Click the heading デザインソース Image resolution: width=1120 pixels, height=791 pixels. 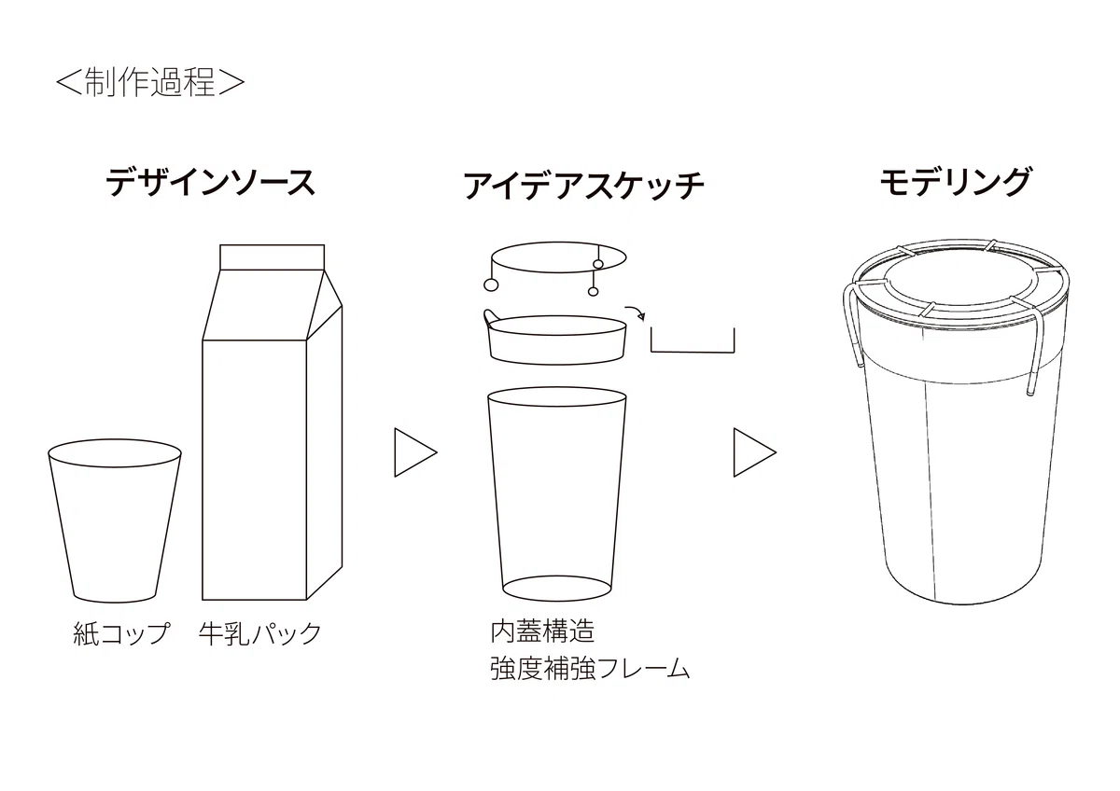point(211,183)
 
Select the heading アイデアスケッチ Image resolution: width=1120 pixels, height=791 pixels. point(584,186)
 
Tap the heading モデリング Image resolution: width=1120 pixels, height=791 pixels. point(956,182)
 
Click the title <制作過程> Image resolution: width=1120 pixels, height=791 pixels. point(150,82)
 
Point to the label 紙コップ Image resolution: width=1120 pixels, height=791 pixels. point(122,633)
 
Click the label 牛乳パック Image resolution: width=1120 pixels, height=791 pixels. point(260,633)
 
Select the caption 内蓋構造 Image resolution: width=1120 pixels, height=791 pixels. point(542,631)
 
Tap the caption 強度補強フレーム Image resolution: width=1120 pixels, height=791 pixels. point(590,669)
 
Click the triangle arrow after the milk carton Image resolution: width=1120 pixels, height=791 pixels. point(415,452)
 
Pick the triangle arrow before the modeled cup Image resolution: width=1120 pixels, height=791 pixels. point(754,452)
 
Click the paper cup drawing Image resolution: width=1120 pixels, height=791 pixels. point(115,520)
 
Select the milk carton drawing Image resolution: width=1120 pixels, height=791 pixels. point(272,423)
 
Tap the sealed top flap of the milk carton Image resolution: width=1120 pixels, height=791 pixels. point(272,257)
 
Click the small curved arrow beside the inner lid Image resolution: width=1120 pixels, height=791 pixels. point(636,311)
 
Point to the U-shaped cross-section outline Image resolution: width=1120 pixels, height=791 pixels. point(693,352)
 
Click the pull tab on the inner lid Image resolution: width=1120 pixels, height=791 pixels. point(492,316)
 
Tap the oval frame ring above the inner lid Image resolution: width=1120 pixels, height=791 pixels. point(559,243)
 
